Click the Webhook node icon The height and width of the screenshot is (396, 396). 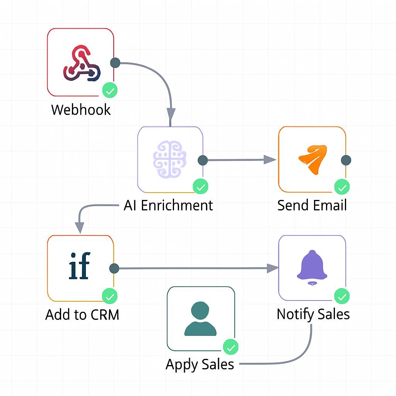(x=82, y=63)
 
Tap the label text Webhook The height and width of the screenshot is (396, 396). (x=81, y=110)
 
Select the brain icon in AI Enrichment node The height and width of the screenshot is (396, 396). (x=170, y=159)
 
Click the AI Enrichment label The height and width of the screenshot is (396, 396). (x=168, y=205)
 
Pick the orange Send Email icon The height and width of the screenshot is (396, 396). (x=312, y=159)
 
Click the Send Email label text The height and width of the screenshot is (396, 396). (x=312, y=205)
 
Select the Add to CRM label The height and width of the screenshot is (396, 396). (x=82, y=315)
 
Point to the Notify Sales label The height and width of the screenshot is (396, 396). (x=313, y=314)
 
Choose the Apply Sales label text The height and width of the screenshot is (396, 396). (x=200, y=364)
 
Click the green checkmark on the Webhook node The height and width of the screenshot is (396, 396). (x=110, y=91)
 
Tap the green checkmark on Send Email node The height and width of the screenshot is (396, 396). (x=342, y=188)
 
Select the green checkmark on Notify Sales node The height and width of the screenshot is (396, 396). (x=342, y=297)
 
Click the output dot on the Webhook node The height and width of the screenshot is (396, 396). (x=115, y=63)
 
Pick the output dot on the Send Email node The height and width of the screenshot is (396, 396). (x=346, y=160)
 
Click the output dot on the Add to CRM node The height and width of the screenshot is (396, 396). (x=114, y=268)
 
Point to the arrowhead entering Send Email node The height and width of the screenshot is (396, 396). (x=270, y=159)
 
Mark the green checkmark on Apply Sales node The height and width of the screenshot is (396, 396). (x=231, y=347)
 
